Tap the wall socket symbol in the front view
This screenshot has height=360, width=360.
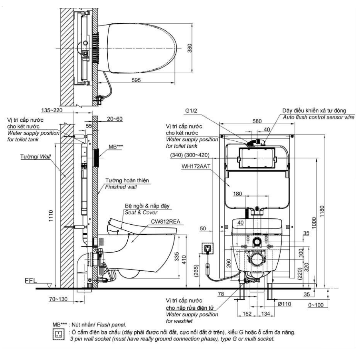[x=207, y=249]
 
